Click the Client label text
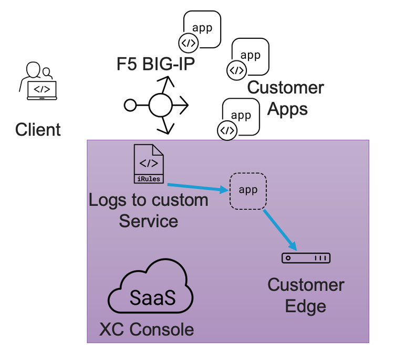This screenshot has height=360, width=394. coord(38,129)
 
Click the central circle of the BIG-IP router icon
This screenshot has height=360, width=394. coord(161,106)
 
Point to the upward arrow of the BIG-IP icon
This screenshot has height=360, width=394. coord(167,83)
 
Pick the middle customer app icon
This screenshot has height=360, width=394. coord(250,56)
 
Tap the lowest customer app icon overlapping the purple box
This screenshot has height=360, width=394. coord(241,117)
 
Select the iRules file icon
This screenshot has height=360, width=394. coord(149,164)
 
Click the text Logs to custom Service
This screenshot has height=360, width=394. coord(149,210)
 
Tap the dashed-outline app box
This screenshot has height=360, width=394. coord(248,191)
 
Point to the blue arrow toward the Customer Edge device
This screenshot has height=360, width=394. coord(280,228)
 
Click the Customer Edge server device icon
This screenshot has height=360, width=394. coord(306,258)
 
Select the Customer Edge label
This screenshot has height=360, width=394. coord(306,295)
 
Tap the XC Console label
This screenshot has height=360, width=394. coord(147,330)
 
